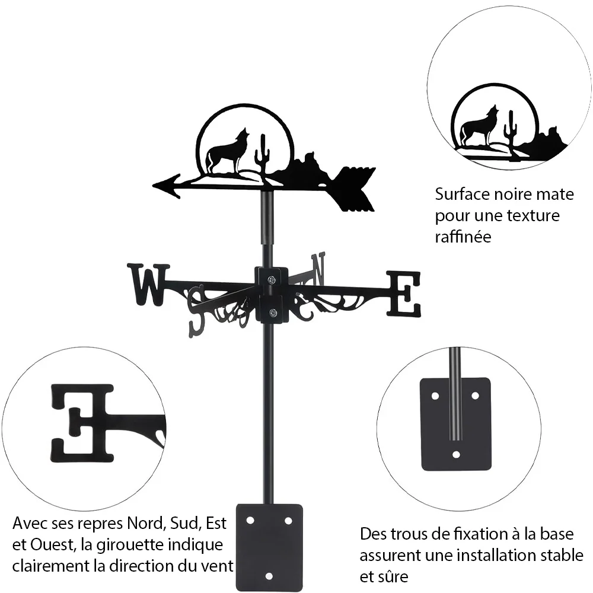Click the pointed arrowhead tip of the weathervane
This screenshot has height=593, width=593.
click(x=153, y=185)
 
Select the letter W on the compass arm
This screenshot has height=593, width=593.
click(x=149, y=285)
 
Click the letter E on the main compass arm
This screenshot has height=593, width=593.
click(x=403, y=294)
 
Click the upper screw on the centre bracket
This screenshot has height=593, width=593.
click(x=272, y=280)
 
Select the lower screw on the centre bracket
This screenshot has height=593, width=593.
click(x=272, y=313)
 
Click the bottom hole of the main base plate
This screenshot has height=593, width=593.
click(x=269, y=576)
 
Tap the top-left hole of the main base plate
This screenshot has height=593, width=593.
click(x=250, y=521)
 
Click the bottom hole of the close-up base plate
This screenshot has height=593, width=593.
click(x=456, y=454)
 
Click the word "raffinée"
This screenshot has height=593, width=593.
click(x=463, y=237)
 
